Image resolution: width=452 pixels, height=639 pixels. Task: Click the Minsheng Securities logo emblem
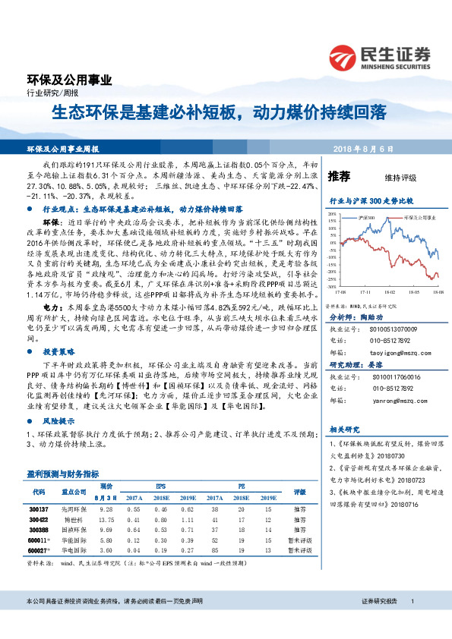(344, 55)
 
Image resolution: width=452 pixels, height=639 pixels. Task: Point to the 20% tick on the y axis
(331, 215)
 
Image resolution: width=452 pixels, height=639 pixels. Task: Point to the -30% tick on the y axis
(330, 279)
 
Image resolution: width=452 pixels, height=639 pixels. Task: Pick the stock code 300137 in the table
(36, 509)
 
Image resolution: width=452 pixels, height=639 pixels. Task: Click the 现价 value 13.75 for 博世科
(106, 519)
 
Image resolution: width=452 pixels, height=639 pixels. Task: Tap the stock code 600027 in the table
(37, 549)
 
